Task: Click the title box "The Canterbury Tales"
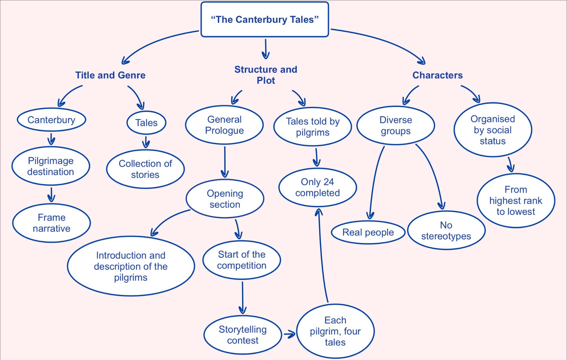click(x=265, y=20)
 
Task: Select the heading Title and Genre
click(x=110, y=75)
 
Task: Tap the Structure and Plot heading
click(x=266, y=75)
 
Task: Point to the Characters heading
click(x=437, y=75)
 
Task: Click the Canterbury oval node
click(x=51, y=120)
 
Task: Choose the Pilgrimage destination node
click(x=51, y=166)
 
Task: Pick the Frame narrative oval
click(x=51, y=223)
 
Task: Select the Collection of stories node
click(x=145, y=169)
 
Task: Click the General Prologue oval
click(x=224, y=125)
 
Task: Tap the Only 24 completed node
click(x=317, y=187)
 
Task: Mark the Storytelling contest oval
click(x=243, y=335)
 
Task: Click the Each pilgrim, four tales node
click(x=335, y=331)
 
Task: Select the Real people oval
click(x=368, y=232)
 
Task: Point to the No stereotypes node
click(x=446, y=231)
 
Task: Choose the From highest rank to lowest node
click(x=516, y=201)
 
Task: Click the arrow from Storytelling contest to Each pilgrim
click(x=289, y=335)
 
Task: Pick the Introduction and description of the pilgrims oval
click(x=131, y=266)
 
